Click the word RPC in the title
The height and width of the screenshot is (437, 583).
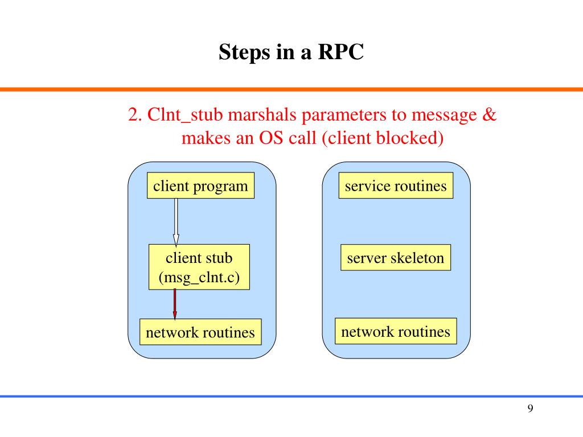pyautogui.click(x=340, y=52)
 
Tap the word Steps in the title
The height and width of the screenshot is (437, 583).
pyautogui.click(x=245, y=52)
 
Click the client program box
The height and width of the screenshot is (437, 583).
pyautogui.click(x=201, y=185)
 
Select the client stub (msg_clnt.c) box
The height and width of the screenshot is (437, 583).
pyautogui.click(x=199, y=267)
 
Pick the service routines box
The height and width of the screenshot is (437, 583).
pyautogui.click(x=396, y=185)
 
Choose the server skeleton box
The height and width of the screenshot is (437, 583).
pyautogui.click(x=396, y=257)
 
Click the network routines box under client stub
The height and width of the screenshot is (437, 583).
pyautogui.click(x=200, y=332)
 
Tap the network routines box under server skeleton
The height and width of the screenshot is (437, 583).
pyautogui.click(x=396, y=331)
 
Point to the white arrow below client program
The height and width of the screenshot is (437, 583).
pyautogui.click(x=176, y=222)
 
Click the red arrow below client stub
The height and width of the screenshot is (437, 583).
pyautogui.click(x=175, y=304)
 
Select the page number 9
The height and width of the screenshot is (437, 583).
pyautogui.click(x=530, y=409)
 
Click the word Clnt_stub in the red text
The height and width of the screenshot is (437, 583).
pyautogui.click(x=185, y=115)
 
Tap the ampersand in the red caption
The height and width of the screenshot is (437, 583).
pyautogui.click(x=489, y=114)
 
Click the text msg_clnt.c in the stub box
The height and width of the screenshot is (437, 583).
pyautogui.click(x=199, y=277)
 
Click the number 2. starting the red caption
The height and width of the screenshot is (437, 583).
pyautogui.click(x=136, y=114)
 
